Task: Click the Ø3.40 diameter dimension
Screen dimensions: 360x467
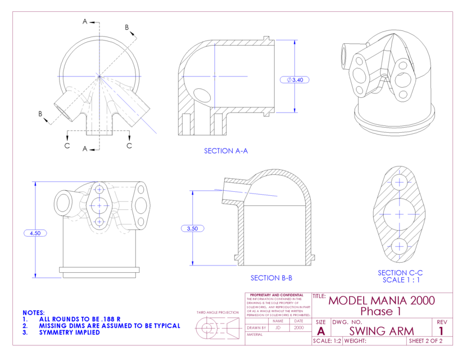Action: [294, 80]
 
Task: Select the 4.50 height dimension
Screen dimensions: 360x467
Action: [35, 232]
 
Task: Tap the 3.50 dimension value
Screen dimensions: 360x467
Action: [192, 228]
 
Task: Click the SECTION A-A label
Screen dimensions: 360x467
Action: [225, 151]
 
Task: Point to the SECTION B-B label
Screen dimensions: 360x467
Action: [271, 278]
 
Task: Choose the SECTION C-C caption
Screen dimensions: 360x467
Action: [400, 273]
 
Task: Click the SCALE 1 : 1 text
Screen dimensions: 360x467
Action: [401, 280]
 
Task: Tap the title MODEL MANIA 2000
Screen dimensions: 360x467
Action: [381, 300]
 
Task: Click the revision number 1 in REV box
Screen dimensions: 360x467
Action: [441, 331]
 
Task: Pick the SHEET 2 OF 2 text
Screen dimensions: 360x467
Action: [425, 341]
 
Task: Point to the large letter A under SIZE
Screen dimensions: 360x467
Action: [321, 331]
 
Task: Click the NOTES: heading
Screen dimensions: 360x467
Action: [33, 312]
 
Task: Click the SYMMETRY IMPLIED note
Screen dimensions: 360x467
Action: [69, 332]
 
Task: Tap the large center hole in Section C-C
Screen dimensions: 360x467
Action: [400, 214]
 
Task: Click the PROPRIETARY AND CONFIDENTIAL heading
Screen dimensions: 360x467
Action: [276, 295]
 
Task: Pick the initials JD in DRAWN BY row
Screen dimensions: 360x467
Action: [278, 327]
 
